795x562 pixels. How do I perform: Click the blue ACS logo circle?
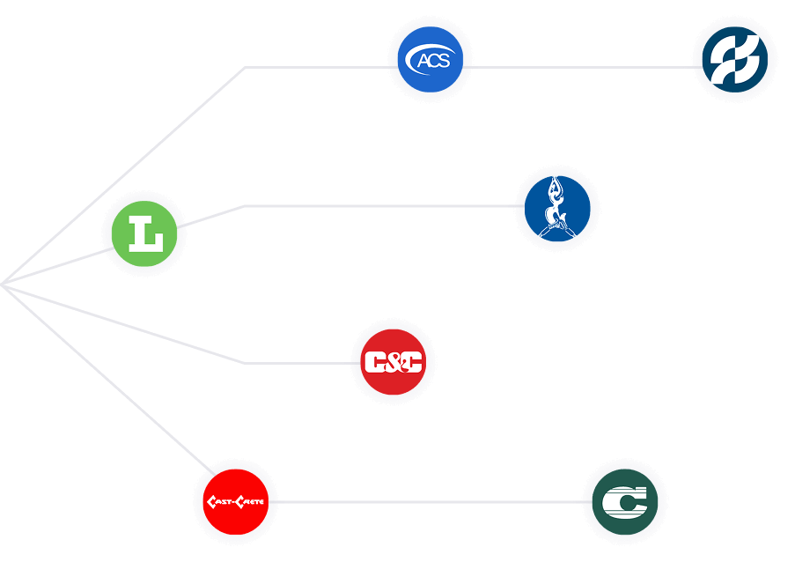click(x=430, y=62)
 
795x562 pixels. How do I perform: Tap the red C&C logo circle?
click(x=393, y=362)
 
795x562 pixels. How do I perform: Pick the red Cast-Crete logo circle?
click(x=235, y=502)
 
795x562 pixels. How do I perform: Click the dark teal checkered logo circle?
click(x=734, y=60)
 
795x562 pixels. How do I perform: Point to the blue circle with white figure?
click(x=556, y=208)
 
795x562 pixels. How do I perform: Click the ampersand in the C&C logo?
click(x=393, y=362)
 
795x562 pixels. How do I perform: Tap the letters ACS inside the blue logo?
click(x=433, y=62)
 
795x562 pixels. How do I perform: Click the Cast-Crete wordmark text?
click(x=235, y=502)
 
